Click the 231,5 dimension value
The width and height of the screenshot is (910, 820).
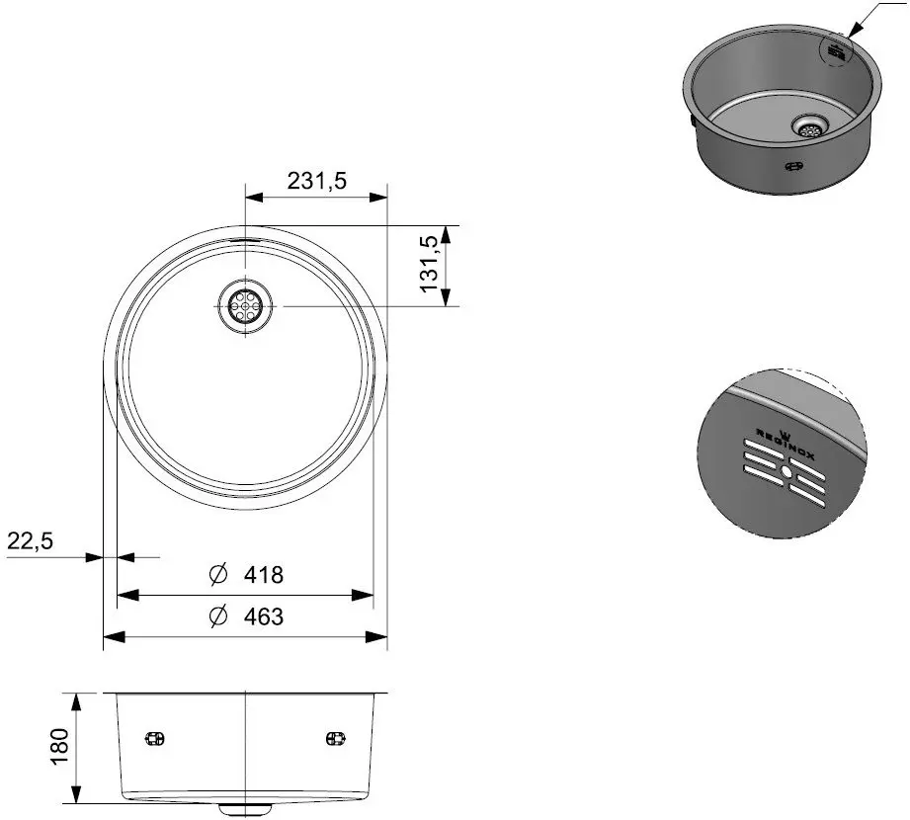316,181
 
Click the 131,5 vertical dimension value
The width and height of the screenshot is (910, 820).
429,264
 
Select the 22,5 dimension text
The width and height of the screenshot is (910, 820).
30,540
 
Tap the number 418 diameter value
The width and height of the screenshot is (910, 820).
264,574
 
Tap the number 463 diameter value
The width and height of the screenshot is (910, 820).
263,616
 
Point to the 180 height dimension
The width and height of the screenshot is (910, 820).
59,746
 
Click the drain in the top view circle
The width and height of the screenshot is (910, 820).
243,306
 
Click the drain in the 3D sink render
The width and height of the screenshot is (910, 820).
810,125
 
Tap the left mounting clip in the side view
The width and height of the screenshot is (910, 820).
154,738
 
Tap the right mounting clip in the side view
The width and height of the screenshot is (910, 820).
335,738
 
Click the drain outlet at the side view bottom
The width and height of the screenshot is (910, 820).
244,807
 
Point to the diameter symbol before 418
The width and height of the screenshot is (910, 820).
219,574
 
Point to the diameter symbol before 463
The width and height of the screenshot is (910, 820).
219,616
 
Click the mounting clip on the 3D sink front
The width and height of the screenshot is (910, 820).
793,166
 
